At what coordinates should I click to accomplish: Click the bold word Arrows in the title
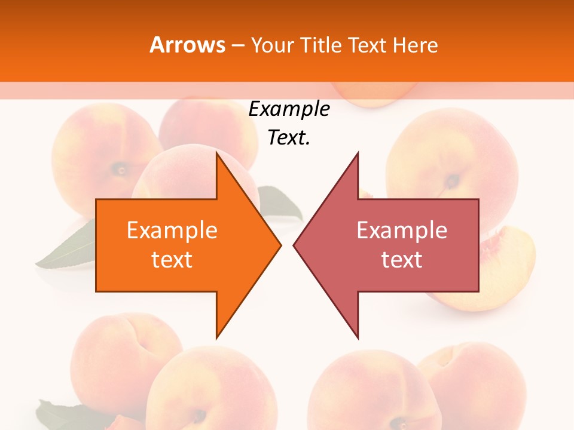(188, 45)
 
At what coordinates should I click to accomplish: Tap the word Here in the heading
(415, 45)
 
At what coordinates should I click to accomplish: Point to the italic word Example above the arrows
(289, 109)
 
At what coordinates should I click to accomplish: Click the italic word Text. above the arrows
(289, 138)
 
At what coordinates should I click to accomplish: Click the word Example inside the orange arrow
(172, 230)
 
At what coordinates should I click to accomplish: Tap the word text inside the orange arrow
(172, 260)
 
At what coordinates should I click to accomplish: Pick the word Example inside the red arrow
(402, 230)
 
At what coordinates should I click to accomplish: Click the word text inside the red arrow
(402, 260)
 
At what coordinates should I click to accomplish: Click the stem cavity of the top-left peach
(121, 170)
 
